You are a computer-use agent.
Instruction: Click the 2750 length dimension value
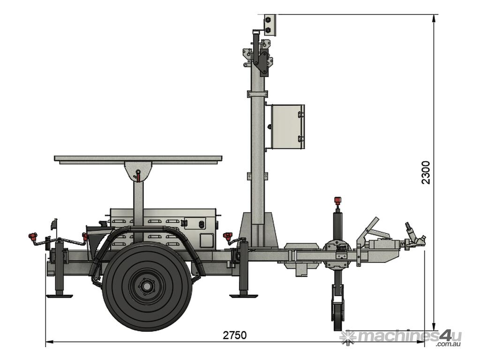(x=234, y=335)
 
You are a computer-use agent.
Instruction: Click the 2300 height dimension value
(x=426, y=172)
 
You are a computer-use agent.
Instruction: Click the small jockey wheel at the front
(x=337, y=316)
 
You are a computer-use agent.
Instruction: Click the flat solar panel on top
(x=138, y=159)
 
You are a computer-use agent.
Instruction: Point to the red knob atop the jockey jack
(x=337, y=200)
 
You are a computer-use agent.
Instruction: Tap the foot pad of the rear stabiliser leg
(x=60, y=296)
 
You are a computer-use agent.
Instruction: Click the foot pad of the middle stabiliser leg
(x=243, y=296)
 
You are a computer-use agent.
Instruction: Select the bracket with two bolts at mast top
(x=270, y=25)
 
